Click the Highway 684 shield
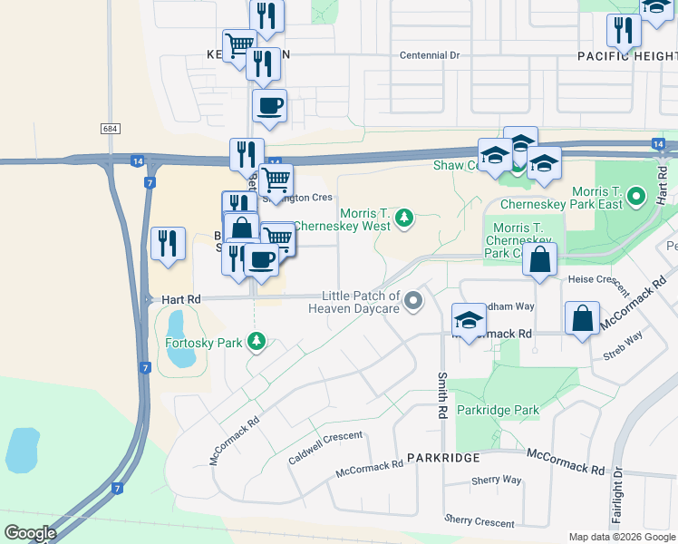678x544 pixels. pyautogui.click(x=110, y=129)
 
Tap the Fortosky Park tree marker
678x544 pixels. pyautogui.click(x=258, y=341)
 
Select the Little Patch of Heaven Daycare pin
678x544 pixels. pyautogui.click(x=414, y=300)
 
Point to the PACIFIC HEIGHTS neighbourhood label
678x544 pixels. pyautogui.click(x=627, y=55)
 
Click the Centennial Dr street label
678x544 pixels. pyautogui.click(x=430, y=55)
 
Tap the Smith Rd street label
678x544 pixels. pyautogui.click(x=442, y=395)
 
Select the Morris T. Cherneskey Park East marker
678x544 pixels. pyautogui.click(x=636, y=195)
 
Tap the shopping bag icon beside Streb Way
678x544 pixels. pyautogui.click(x=582, y=319)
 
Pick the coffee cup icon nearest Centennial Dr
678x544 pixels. pyautogui.click(x=269, y=106)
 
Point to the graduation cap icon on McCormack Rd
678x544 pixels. pyautogui.click(x=469, y=319)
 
